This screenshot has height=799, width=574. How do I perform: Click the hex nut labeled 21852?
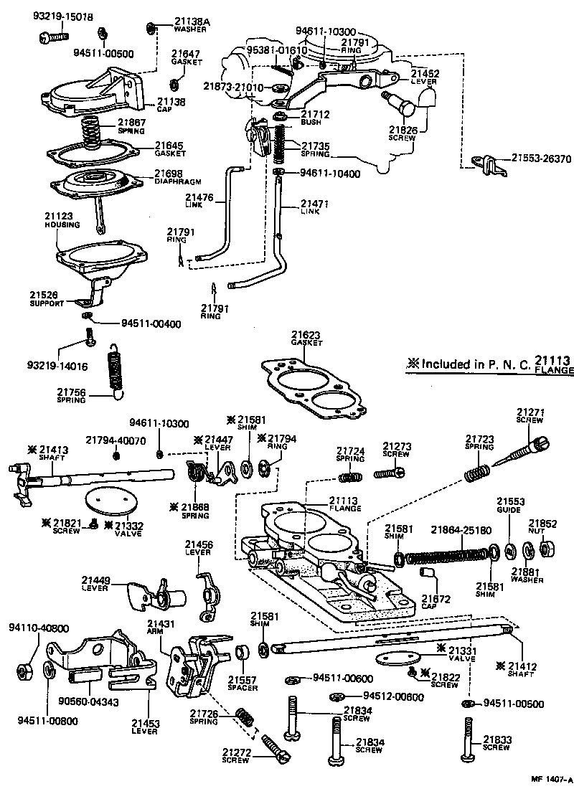[x=544, y=549]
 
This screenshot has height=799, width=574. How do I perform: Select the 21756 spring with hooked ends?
[x=115, y=370]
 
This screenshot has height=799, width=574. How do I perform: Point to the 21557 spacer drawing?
[x=243, y=653]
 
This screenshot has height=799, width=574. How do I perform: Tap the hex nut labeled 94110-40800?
[x=25, y=671]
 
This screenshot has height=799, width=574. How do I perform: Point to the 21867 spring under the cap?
[x=92, y=133]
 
